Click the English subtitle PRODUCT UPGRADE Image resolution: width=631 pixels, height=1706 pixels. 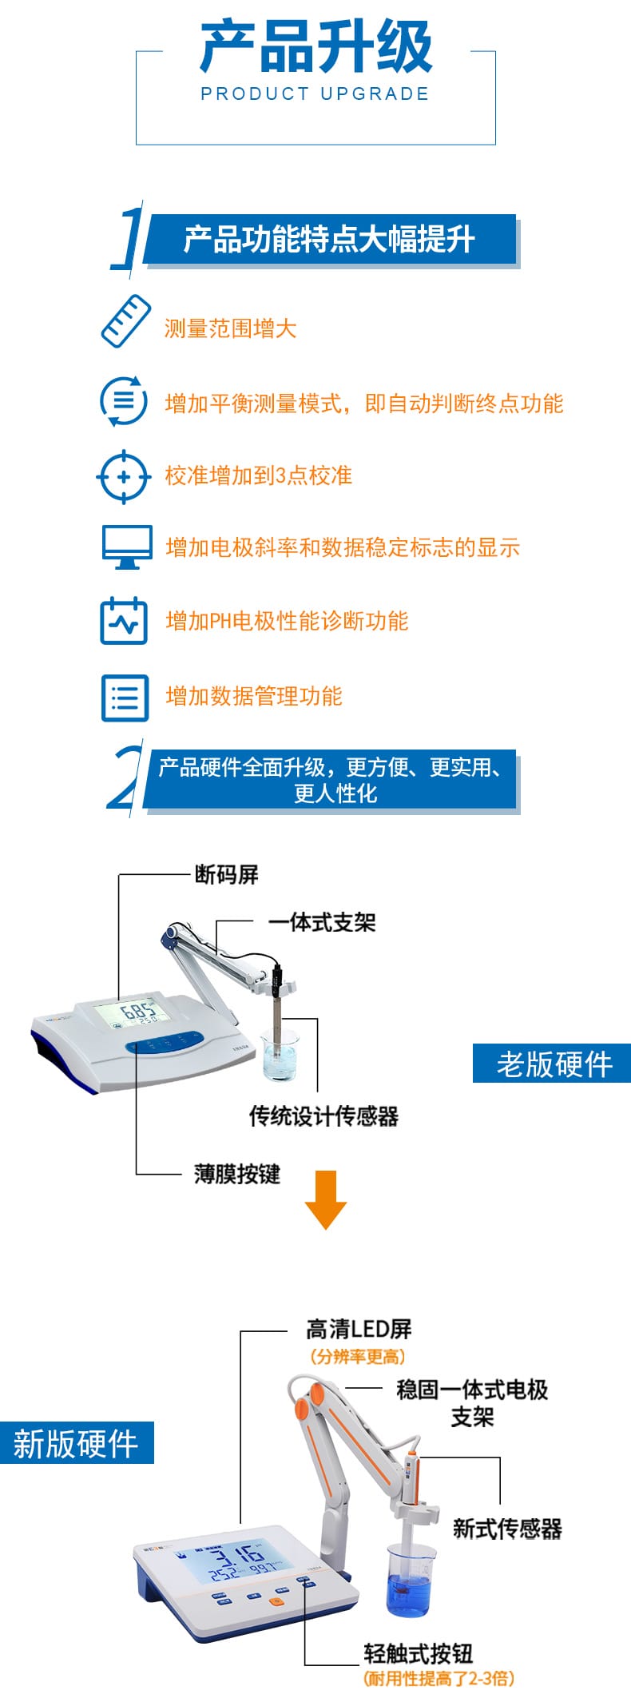315,93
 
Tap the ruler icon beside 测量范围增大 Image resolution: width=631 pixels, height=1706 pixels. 125,321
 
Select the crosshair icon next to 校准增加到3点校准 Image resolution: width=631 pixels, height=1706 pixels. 123,476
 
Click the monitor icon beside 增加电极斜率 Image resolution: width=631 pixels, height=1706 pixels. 126,547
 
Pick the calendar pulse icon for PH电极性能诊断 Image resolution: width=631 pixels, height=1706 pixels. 124,620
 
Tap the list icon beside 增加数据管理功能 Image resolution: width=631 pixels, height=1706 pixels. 125,697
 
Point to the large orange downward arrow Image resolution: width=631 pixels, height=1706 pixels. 325,1199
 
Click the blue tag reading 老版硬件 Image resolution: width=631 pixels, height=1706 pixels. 552,1064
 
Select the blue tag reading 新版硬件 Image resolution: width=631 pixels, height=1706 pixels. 77,1442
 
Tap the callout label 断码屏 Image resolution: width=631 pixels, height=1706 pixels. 227,875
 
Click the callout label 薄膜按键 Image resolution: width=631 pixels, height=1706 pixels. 237,1174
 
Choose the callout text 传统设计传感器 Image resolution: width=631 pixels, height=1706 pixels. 323,1115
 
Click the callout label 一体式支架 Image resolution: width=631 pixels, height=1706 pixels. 322,922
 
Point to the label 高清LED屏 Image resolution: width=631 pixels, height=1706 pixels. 359,1329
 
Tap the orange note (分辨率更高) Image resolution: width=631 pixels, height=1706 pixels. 358,1356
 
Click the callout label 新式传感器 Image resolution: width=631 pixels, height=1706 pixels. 507,1529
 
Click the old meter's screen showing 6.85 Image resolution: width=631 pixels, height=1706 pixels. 133,1012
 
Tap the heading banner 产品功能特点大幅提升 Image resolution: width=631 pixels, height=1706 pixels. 330,239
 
